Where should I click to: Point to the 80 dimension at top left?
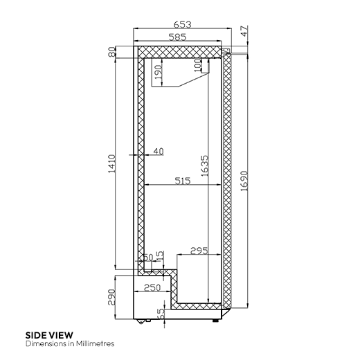click(x=111, y=53)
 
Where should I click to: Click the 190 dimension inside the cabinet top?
click(x=158, y=73)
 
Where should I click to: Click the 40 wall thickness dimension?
click(x=159, y=151)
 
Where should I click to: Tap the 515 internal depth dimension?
click(x=182, y=181)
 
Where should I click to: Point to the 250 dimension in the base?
click(x=153, y=287)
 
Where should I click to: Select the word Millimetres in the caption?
click(x=94, y=343)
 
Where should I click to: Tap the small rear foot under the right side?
click(x=221, y=318)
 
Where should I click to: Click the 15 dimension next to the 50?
click(x=161, y=257)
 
